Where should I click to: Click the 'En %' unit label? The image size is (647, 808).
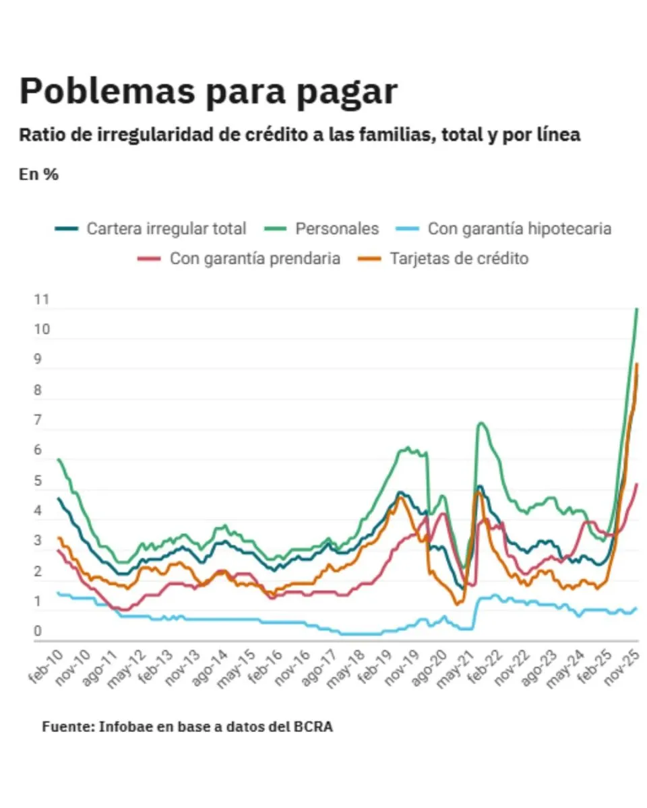tap(38, 174)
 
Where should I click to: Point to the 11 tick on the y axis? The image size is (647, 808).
tap(42, 300)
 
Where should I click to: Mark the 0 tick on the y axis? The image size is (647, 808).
tap(38, 632)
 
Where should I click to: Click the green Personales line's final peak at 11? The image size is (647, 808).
tap(637, 309)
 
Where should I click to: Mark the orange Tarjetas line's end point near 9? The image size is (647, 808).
tap(637, 364)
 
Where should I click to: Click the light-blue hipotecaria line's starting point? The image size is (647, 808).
tap(58, 593)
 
